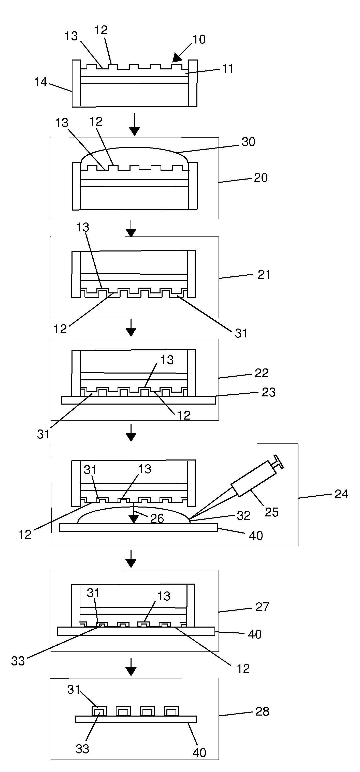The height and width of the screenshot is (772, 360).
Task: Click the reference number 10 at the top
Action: pos(199,39)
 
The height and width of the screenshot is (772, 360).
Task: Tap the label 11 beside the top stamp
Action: pos(227,69)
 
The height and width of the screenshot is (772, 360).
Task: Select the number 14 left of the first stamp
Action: pos(40,82)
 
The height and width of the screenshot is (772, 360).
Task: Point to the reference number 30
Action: pos(248,142)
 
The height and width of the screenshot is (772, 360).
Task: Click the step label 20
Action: pos(261,178)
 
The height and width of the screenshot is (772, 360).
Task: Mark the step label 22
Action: pos(261,373)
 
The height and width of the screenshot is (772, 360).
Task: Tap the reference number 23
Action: pos(268,392)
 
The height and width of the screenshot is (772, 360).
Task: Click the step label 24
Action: pos(341,494)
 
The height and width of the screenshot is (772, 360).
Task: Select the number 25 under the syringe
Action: pos(271,512)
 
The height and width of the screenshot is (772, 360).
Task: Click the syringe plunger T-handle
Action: pos(278,462)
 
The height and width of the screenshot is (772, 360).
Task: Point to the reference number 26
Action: pos(157,518)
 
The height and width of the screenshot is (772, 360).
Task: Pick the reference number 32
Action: pos(243,515)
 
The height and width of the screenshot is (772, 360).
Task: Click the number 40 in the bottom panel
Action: pos(199,752)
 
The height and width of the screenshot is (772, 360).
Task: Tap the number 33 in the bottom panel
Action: pos(82,749)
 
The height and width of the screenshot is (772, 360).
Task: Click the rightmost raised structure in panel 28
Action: pos(171,711)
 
